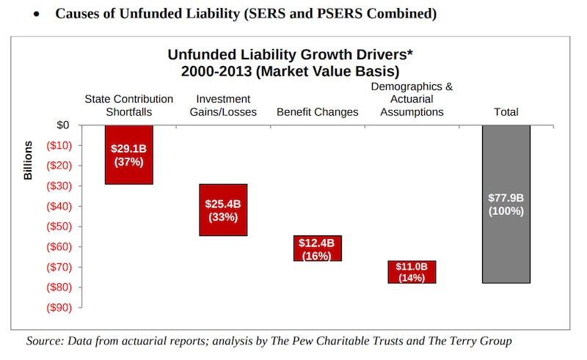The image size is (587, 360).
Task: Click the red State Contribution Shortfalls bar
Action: pyautogui.click(x=129, y=154)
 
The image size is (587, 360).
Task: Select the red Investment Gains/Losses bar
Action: pyautogui.click(x=223, y=210)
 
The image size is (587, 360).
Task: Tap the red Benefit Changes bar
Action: pyautogui.click(x=317, y=248)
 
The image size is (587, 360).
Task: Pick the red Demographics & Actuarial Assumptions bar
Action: pyautogui.click(x=412, y=271)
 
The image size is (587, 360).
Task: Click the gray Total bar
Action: pyautogui.click(x=506, y=204)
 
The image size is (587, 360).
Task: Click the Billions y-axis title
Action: pyautogui.click(x=29, y=160)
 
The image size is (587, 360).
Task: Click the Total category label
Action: pyautogui.click(x=506, y=112)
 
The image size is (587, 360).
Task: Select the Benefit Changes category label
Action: pyautogui.click(x=317, y=112)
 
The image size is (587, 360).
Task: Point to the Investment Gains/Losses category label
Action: pyautogui.click(x=223, y=106)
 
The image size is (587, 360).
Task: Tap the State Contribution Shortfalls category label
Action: pyautogui.click(x=129, y=106)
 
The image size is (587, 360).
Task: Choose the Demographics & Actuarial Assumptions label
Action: pyautogui.click(x=412, y=99)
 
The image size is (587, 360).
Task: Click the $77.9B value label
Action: pyautogui.click(x=506, y=198)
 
